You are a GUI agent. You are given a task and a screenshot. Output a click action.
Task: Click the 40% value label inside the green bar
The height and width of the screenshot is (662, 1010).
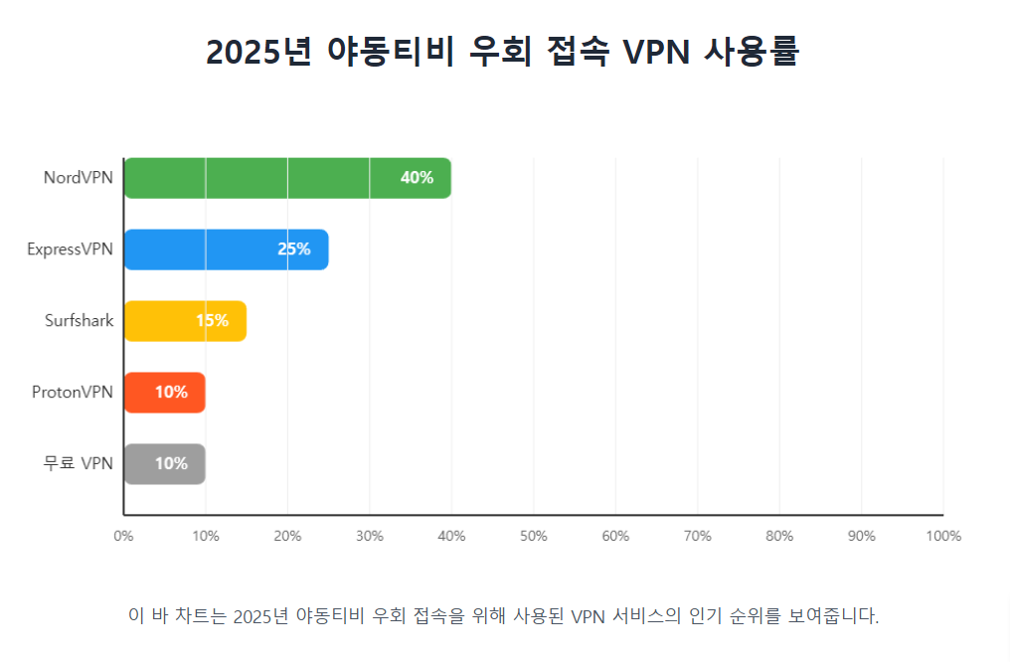[417, 178]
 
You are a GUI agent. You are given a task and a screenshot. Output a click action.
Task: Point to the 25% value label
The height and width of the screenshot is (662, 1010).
[294, 249]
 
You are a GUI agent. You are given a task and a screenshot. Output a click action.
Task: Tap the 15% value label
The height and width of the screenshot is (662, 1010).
[212, 321]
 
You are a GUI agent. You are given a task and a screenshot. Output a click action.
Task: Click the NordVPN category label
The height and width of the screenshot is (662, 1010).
[79, 178]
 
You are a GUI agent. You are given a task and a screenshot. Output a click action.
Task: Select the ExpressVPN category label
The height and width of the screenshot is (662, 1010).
[71, 249]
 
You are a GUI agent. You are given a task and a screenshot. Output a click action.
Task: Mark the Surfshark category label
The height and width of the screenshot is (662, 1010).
[80, 321]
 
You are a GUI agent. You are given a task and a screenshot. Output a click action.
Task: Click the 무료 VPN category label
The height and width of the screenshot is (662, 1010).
[79, 464]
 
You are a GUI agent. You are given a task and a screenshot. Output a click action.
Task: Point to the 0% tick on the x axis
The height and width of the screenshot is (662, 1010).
[123, 537]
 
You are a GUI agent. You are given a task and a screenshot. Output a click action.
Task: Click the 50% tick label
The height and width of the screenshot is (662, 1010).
[534, 537]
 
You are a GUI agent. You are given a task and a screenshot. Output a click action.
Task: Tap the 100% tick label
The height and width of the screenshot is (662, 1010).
[943, 537]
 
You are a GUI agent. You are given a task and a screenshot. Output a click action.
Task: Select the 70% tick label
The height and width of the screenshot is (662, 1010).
[698, 537]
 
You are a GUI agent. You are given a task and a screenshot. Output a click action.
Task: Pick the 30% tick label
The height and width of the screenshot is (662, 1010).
[370, 537]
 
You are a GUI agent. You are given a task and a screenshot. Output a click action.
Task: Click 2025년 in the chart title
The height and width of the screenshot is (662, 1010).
[261, 52]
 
